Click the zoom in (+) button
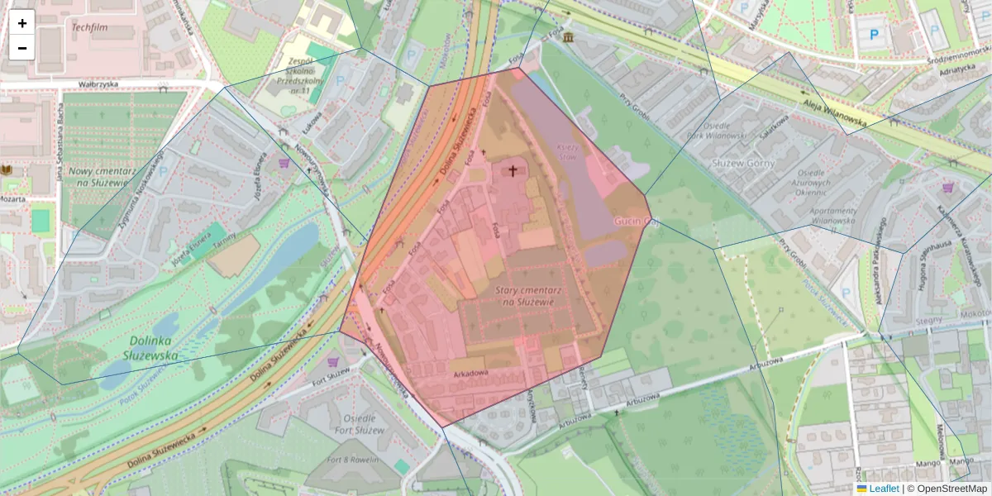(x=22, y=23)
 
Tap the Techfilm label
(x=90, y=27)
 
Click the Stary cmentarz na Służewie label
(x=524, y=297)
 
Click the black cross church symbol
(x=513, y=171)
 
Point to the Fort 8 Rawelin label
(x=352, y=460)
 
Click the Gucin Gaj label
(x=633, y=222)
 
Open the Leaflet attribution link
(x=883, y=489)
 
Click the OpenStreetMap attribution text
(x=947, y=489)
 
